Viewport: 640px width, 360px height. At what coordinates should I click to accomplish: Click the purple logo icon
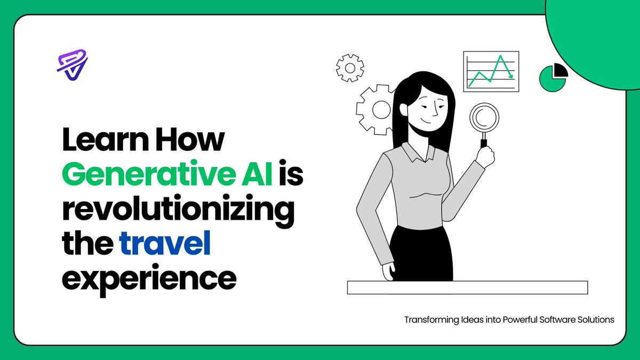[72, 65]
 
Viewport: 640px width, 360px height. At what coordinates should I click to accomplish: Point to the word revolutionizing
[178, 210]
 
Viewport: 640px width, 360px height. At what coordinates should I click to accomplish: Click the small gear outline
[350, 68]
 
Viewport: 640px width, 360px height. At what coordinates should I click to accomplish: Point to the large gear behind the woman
[377, 109]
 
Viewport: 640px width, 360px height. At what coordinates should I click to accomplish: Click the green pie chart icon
[553, 77]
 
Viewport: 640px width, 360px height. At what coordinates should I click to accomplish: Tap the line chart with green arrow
[491, 72]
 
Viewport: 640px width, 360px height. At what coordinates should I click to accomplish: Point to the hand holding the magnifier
[485, 155]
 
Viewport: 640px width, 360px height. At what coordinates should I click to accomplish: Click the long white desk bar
[467, 287]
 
